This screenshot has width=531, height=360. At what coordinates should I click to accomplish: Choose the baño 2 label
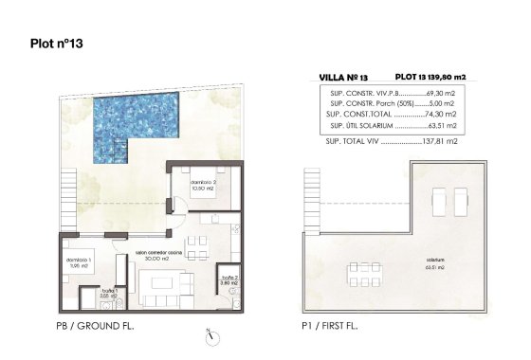point(228,279)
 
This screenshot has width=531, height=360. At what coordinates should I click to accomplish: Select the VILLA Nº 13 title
point(344,75)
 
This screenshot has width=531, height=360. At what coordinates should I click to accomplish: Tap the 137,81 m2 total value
point(439,141)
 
